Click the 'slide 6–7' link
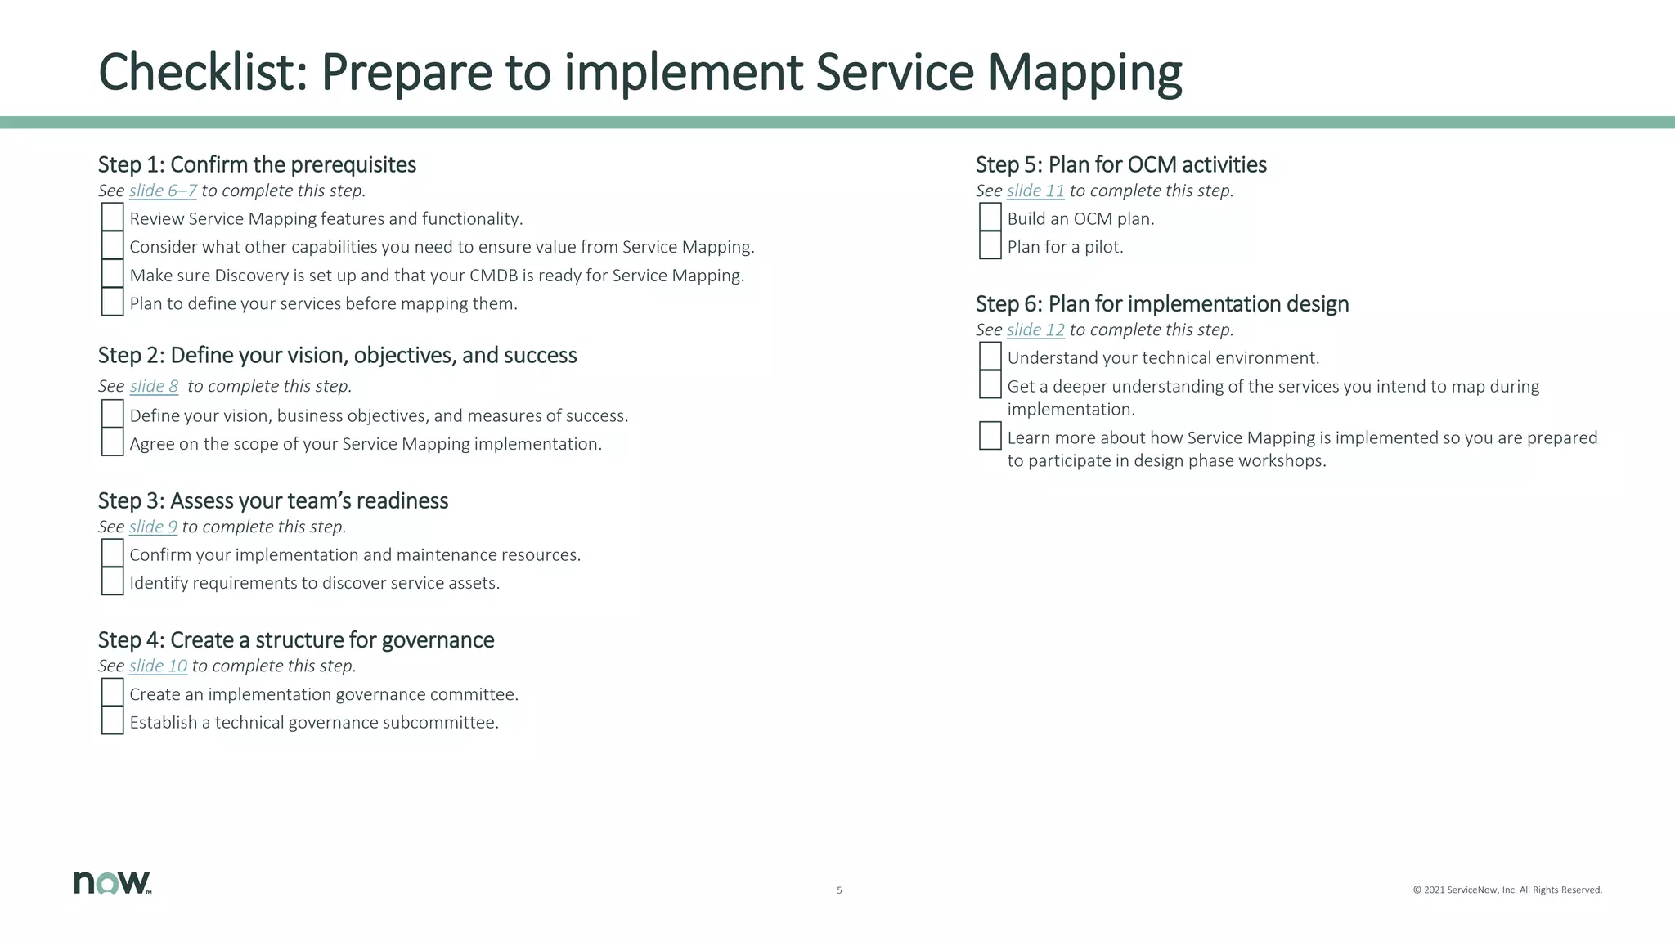(163, 191)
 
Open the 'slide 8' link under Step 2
(154, 386)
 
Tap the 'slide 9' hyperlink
(153, 527)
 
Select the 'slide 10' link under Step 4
(158, 666)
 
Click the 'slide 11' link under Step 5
(1035, 191)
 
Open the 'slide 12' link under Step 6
(1035, 330)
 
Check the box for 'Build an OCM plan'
(990, 218)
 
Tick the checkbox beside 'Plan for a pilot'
(990, 245)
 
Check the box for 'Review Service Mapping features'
(112, 218)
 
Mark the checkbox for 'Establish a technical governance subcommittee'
(112, 721)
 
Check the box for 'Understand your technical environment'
(990, 357)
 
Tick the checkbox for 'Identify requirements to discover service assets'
(112, 581)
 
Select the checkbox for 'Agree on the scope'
(112, 442)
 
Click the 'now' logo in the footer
(112, 882)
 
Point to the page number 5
(839, 890)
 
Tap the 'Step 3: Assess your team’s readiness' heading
(273, 500)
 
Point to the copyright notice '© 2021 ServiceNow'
(1507, 890)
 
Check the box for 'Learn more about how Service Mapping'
(990, 436)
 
